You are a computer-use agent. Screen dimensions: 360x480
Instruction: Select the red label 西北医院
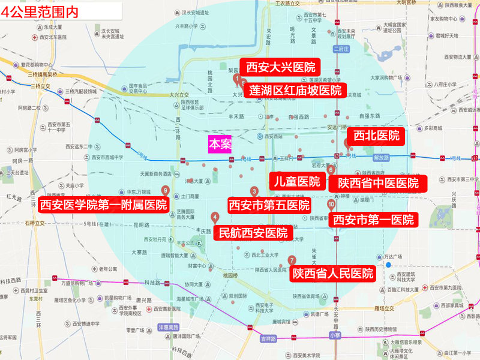point(376,136)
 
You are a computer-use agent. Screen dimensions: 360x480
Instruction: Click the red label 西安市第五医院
point(269,206)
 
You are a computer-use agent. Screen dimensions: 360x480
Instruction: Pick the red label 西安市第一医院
point(373,220)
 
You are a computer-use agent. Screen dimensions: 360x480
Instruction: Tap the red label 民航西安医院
point(253,232)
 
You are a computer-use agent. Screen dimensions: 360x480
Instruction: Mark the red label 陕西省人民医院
point(333,274)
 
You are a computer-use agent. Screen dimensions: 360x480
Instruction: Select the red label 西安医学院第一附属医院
point(103,205)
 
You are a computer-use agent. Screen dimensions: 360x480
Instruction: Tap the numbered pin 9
point(165,190)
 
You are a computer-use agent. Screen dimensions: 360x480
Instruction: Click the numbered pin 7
point(292,260)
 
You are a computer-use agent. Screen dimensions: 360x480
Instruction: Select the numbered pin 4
point(214,217)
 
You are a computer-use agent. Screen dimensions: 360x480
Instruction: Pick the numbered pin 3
point(254,191)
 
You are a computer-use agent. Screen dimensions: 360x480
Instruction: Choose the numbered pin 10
point(331,205)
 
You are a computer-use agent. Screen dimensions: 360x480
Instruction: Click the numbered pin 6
point(331,170)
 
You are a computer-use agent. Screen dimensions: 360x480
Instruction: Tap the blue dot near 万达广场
point(389,265)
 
